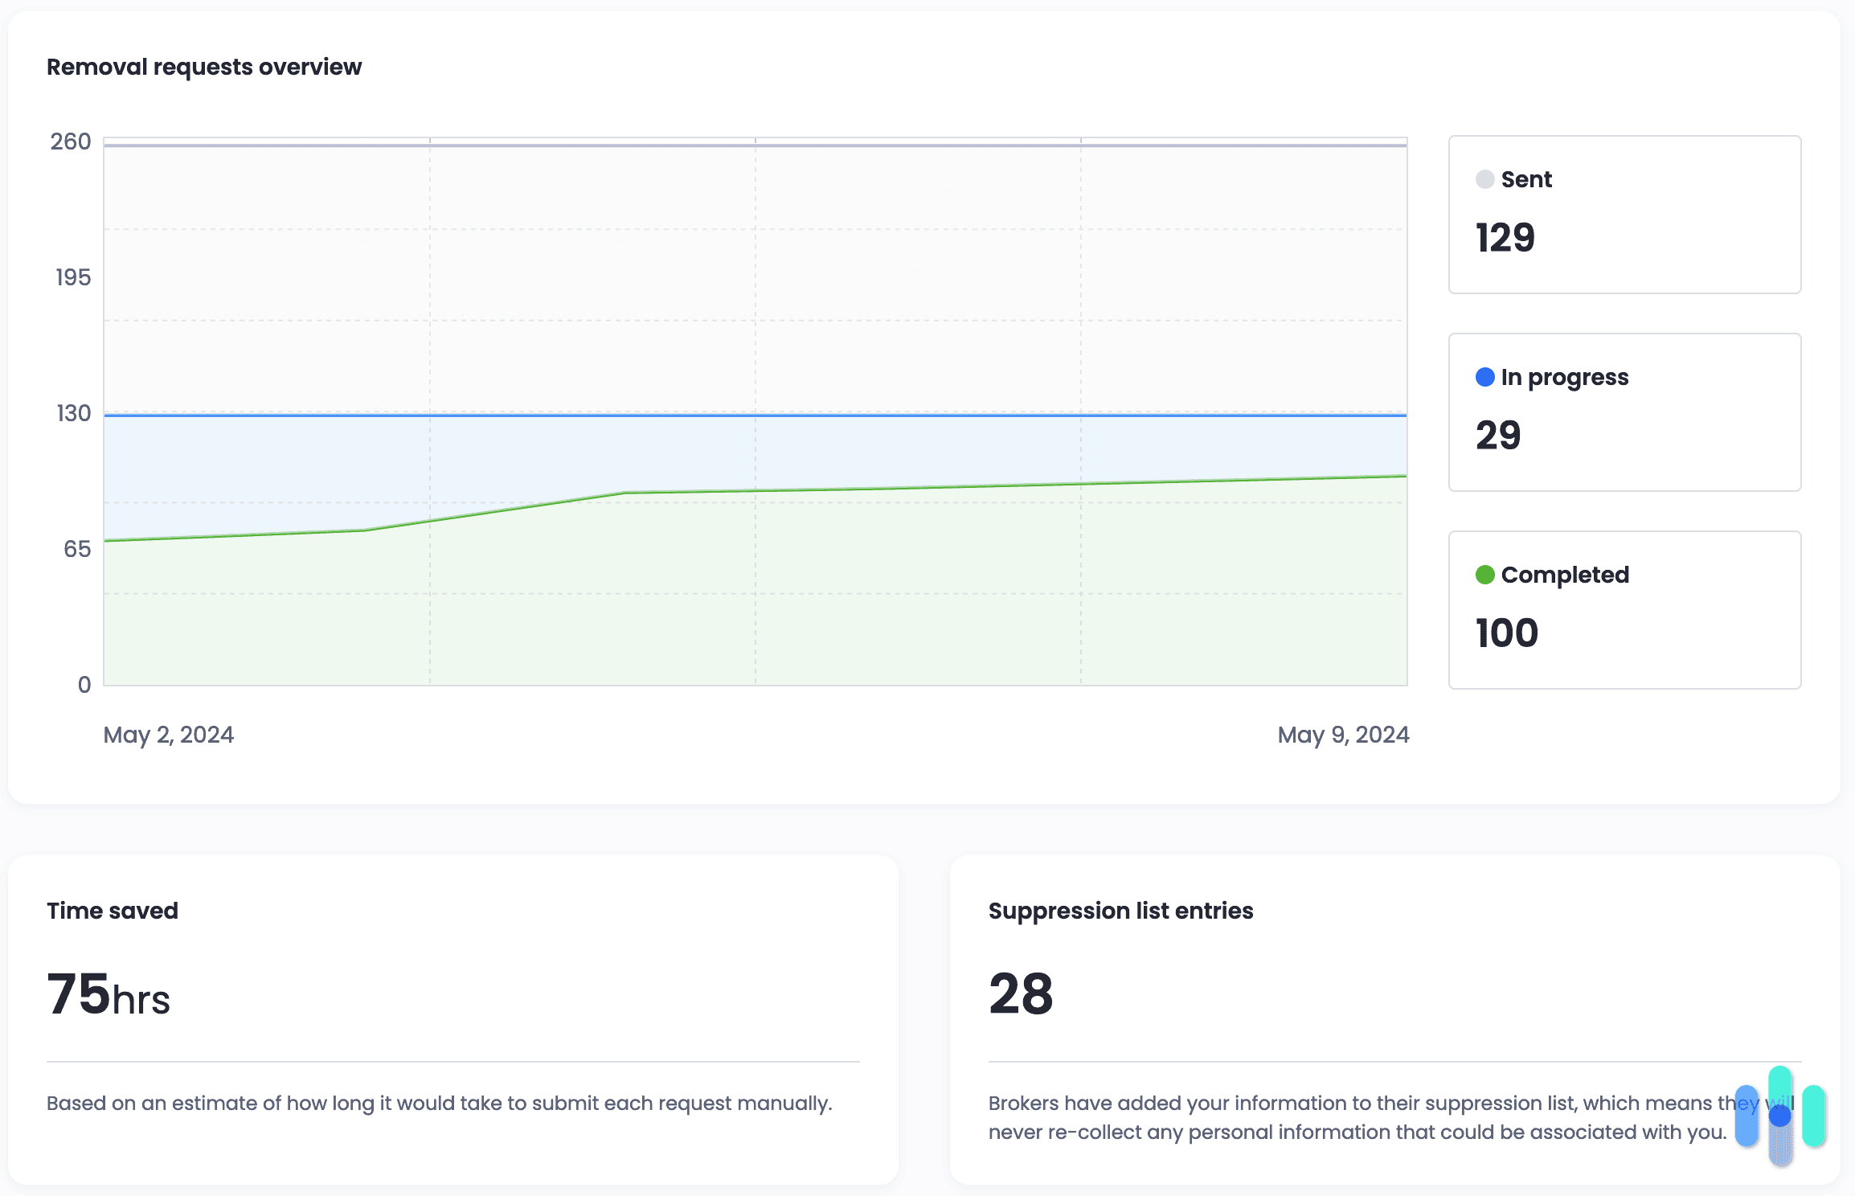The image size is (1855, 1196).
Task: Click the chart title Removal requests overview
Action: [x=204, y=67]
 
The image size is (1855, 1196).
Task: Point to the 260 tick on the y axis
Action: [x=71, y=141]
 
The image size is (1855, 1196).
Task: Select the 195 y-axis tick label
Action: [x=73, y=277]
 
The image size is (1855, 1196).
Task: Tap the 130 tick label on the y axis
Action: [x=73, y=413]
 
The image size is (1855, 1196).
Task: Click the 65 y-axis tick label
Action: [x=77, y=549]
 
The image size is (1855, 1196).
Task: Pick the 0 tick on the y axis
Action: [x=84, y=685]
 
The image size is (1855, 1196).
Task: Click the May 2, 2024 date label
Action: [x=169, y=735]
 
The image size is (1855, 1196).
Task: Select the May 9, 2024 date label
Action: [x=1343, y=735]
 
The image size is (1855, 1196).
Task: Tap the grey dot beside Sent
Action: [x=1484, y=179]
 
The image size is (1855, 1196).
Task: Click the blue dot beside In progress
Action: [x=1484, y=377]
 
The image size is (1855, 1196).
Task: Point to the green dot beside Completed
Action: [x=1484, y=575]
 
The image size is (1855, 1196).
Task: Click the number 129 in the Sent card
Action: [x=1505, y=238]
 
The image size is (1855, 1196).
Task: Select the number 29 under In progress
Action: [x=1498, y=436]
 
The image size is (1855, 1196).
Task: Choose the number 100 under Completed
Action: [x=1507, y=633]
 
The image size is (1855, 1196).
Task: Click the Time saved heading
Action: [x=113, y=911]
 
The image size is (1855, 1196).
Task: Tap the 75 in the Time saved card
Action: [x=78, y=994]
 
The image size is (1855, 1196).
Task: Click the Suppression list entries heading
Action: [x=1120, y=911]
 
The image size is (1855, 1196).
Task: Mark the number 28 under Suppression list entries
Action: [x=1021, y=994]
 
